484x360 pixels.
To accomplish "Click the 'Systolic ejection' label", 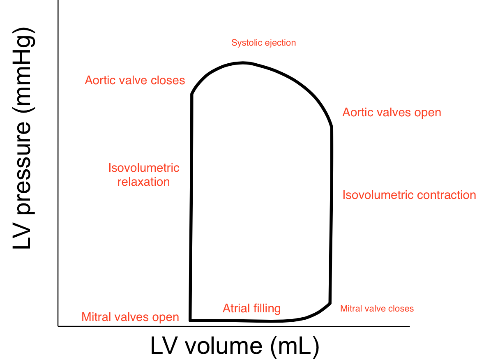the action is tap(263, 43).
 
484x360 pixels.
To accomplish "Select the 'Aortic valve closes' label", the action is tap(135, 80).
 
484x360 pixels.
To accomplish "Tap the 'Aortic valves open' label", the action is tap(392, 113).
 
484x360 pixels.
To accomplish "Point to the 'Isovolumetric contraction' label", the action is tap(409, 195).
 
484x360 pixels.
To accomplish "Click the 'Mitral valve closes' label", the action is tap(377, 309).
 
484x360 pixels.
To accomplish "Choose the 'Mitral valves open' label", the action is tap(130, 317).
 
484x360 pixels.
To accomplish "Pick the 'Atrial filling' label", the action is tap(251, 308).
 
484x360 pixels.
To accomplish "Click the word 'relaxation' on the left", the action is tap(143, 182).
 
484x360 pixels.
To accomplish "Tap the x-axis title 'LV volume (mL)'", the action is tap(235, 346).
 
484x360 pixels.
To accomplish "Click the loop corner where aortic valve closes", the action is tap(192, 95).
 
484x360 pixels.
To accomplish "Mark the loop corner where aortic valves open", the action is tap(331, 128).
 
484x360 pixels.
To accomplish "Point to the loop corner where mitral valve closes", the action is tap(330, 303).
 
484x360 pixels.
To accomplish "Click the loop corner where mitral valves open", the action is tap(190, 319).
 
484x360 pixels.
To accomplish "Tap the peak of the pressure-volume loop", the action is tap(242, 63).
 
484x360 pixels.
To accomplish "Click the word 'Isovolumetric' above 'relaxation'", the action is tap(144, 168).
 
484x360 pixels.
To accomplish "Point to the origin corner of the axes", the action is tap(58, 326).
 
